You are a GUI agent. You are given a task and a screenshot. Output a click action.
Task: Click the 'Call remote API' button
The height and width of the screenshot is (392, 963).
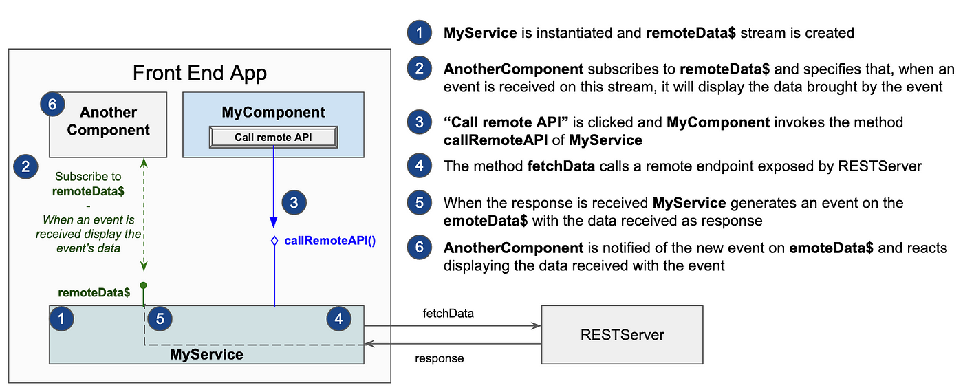coord(274,137)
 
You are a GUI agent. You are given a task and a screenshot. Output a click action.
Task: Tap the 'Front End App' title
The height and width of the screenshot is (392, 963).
coord(199,73)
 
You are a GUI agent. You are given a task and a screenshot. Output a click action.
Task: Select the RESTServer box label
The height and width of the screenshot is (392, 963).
coord(622,334)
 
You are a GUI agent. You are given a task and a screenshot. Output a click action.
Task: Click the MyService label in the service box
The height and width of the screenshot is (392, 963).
coord(206,354)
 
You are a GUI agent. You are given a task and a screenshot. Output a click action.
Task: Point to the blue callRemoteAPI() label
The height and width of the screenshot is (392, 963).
coord(329,241)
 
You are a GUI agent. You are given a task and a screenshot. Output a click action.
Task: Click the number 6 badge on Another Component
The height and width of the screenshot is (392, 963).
coord(52,104)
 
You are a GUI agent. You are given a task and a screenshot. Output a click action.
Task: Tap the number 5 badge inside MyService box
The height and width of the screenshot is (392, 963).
coord(160,318)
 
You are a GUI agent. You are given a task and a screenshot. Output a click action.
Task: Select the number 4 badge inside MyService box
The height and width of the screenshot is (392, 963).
coord(338,318)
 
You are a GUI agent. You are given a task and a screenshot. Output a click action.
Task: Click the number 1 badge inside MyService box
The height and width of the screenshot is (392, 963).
coord(61,318)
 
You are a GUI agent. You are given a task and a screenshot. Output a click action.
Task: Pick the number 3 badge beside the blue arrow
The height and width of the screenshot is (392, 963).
coord(294,202)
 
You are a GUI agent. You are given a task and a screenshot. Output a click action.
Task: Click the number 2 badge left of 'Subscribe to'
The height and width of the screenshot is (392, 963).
coord(26,166)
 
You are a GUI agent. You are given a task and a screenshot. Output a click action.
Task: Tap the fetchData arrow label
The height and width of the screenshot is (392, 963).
coord(448,314)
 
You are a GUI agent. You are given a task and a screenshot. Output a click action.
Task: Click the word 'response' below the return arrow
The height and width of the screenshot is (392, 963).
coord(439,358)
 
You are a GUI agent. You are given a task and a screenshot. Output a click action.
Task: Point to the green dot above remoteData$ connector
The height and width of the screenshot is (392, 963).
coord(144,285)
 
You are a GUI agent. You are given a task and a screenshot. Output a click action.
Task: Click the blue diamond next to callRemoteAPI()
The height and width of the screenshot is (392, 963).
coord(274,241)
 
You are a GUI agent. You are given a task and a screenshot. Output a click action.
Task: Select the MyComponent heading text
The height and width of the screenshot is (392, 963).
coord(274,112)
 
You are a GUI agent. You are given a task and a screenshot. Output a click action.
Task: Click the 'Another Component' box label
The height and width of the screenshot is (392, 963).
coord(109,121)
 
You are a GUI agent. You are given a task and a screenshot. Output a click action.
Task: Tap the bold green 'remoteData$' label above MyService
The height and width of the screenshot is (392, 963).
coord(94,293)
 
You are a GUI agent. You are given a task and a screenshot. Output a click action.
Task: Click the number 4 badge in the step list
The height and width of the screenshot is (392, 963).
coord(420,166)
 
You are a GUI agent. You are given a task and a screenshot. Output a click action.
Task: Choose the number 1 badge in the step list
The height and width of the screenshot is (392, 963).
coord(420,32)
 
